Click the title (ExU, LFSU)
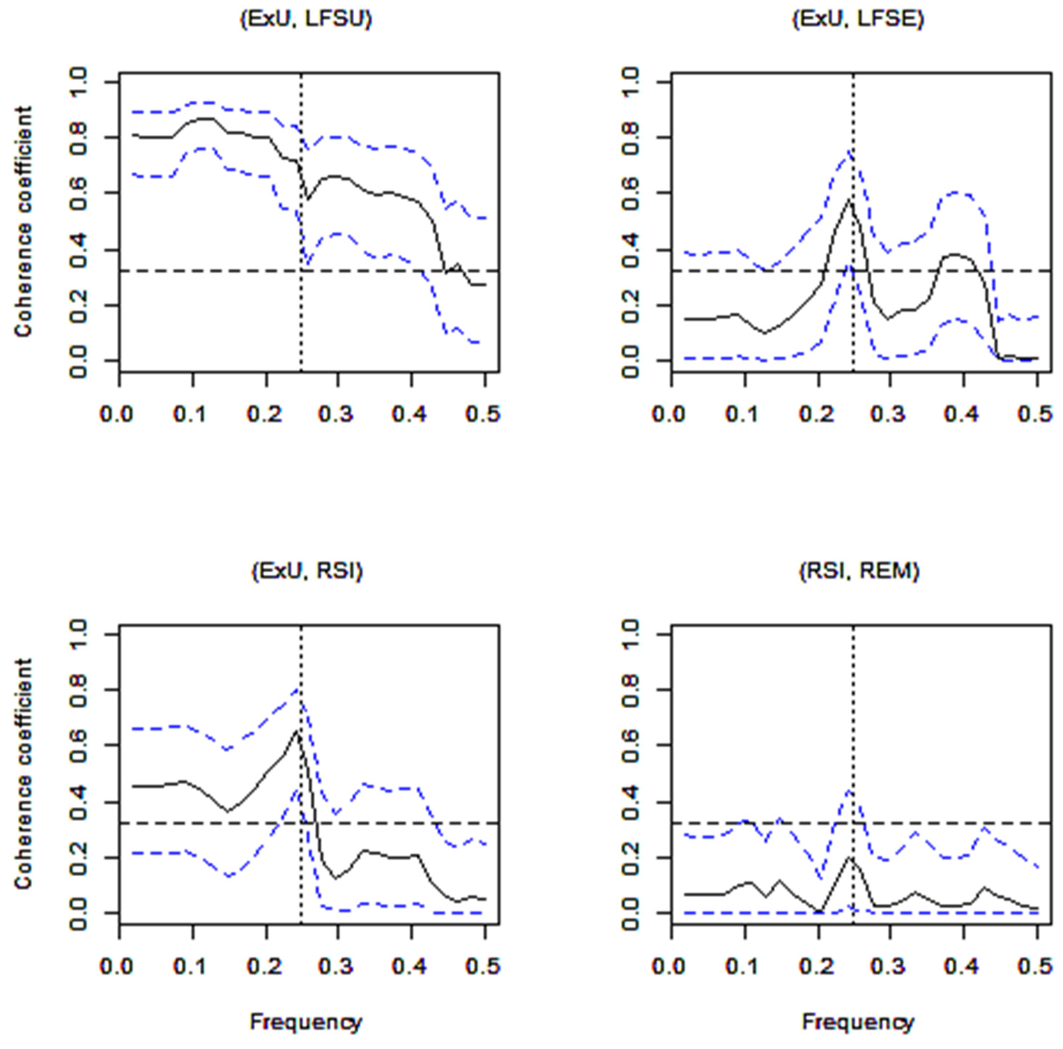(306, 20)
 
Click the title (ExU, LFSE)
(858, 20)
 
